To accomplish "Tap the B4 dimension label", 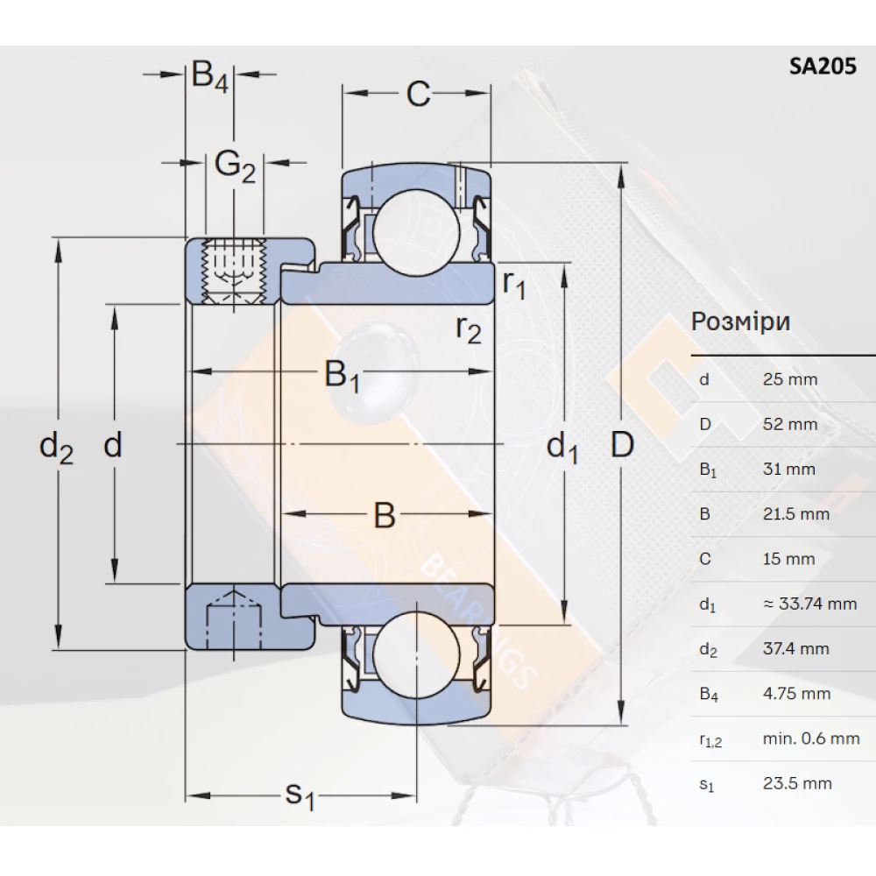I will coord(210,76).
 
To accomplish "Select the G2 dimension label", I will coord(235,164).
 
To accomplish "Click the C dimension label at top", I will coord(419,94).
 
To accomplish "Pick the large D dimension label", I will coord(621,446).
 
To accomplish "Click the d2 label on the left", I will coord(57,448).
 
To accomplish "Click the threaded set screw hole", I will coord(233,270).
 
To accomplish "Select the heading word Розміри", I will coord(740,321).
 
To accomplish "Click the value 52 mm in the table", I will coord(789,425).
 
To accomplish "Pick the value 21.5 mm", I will coord(795,514).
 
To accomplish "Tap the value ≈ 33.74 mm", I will coord(809,604).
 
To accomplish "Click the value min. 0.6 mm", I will coord(810,738).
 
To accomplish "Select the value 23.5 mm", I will coord(796,784).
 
